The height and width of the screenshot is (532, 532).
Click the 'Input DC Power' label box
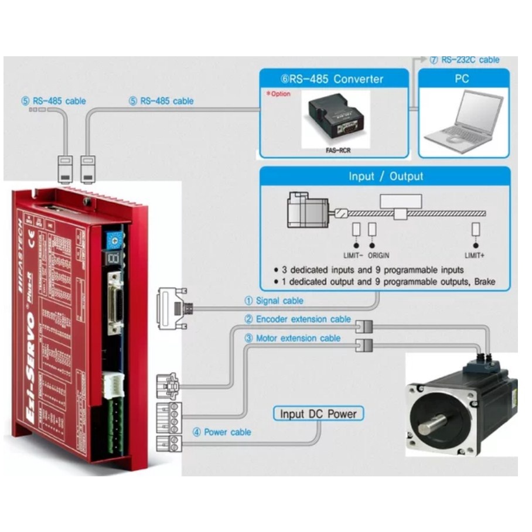[x=318, y=414]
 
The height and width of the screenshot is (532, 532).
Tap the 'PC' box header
[x=462, y=78]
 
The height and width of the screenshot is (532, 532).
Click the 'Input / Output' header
[x=386, y=176]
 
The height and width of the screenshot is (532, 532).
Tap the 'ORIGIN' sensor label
[x=378, y=255]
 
